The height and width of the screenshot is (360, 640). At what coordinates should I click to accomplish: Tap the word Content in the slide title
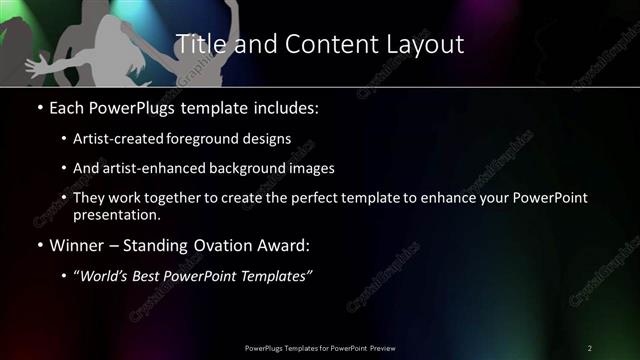323,45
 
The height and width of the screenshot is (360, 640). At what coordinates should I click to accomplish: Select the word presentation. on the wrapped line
117,214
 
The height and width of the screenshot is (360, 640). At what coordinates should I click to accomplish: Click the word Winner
76,246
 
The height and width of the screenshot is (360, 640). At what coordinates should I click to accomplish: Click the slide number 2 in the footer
589,347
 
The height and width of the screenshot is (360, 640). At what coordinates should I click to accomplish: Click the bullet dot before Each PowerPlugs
38,106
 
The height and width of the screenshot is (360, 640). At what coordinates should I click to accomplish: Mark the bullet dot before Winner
38,246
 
